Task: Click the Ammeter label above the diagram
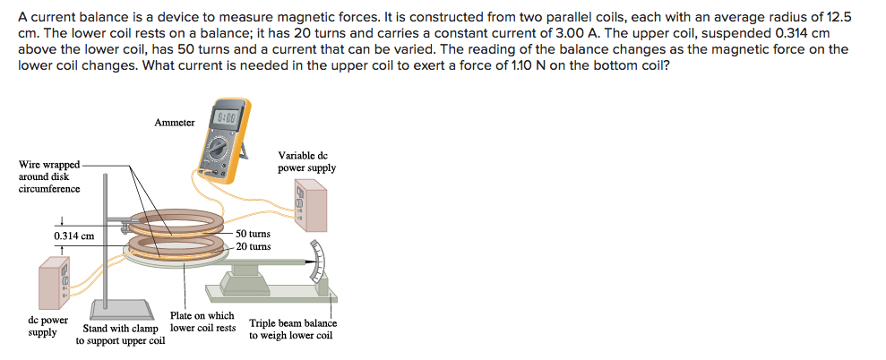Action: point(174,123)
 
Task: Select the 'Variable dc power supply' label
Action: point(307,161)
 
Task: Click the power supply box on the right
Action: point(312,205)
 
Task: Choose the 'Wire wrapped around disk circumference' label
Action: point(49,176)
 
